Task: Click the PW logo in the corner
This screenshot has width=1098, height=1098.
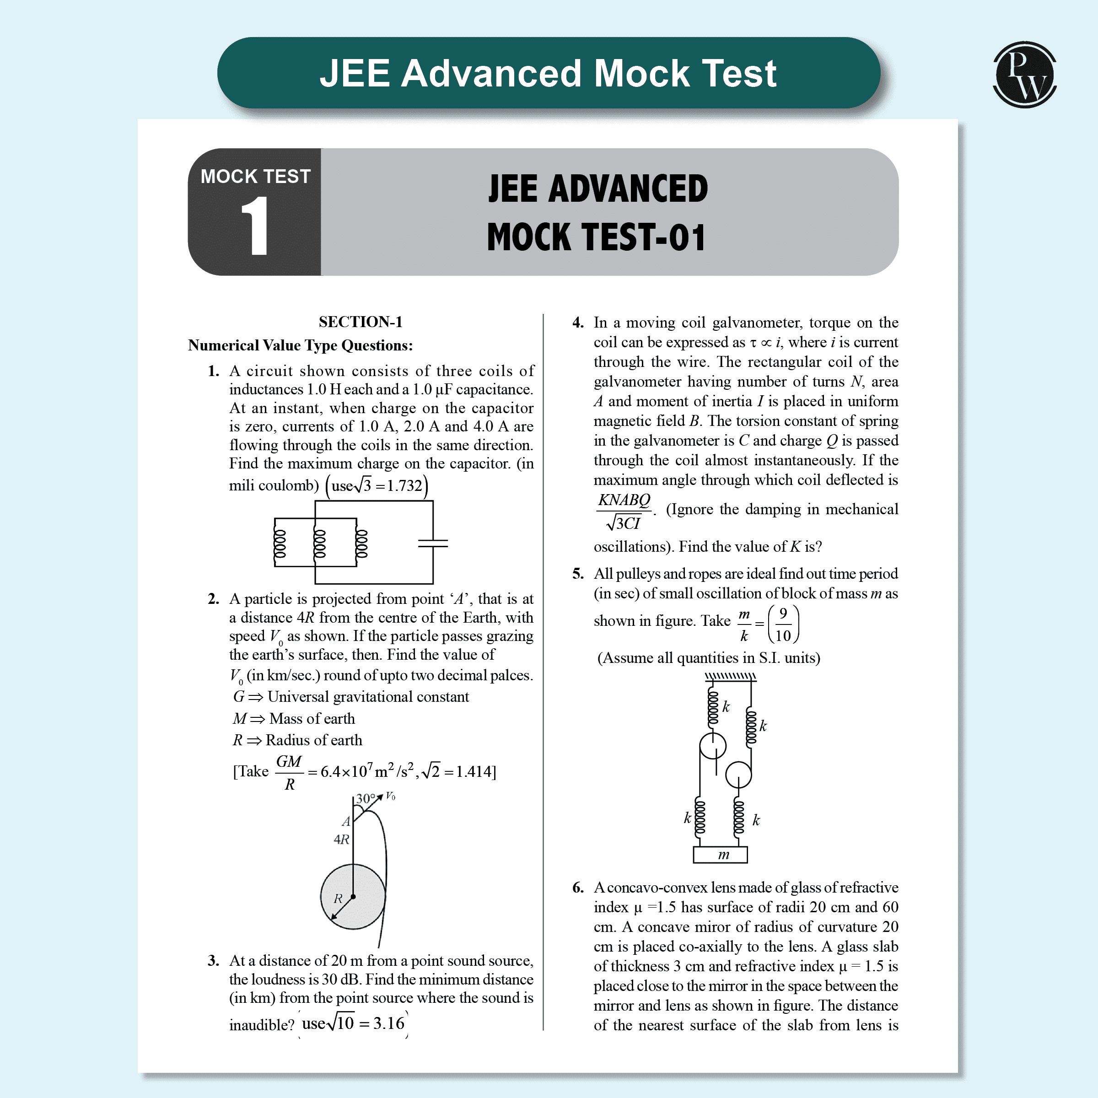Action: (1024, 75)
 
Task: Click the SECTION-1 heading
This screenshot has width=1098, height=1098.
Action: (361, 322)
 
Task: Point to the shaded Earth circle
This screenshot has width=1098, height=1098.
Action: (353, 897)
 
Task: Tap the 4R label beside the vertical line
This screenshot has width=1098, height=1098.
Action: (341, 840)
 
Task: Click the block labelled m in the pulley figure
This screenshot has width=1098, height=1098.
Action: (720, 855)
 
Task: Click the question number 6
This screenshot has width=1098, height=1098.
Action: (578, 888)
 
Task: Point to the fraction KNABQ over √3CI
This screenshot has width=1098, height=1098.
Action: (624, 511)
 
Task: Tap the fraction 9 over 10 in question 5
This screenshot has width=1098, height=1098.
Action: (783, 624)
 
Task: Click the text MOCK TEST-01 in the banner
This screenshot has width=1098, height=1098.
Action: (596, 237)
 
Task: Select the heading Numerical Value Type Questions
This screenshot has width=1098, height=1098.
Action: (300, 345)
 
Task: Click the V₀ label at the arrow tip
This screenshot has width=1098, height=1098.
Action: (390, 796)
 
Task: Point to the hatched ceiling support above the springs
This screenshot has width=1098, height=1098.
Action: (730, 676)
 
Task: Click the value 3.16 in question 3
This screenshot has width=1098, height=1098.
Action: (389, 1023)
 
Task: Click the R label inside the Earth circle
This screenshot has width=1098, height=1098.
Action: (338, 899)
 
